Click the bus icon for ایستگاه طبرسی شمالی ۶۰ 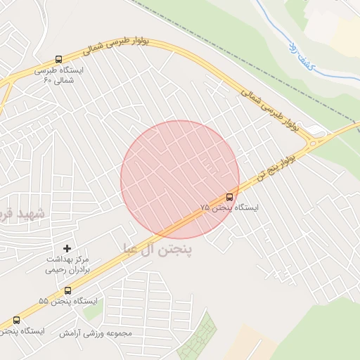pos(58,60)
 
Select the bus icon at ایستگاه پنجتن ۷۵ pos(230,197)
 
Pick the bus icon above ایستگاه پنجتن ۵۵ pos(67,290)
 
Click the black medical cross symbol pos(67,248)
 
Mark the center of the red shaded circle pos(180,179)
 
